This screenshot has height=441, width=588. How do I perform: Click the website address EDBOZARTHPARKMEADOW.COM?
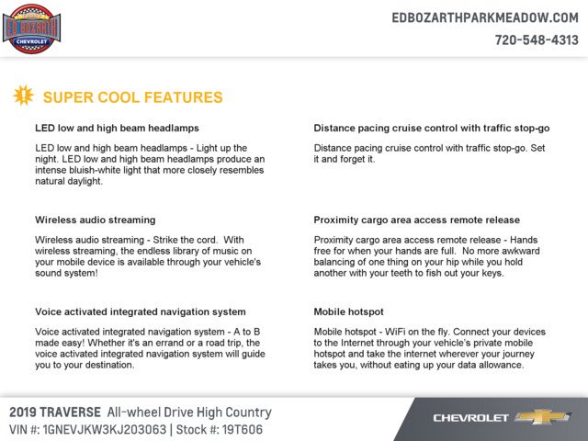484,18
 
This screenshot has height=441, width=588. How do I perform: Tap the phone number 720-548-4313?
537,40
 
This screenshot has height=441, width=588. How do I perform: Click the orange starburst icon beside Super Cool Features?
25,95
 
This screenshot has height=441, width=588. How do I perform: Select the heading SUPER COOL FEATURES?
132,97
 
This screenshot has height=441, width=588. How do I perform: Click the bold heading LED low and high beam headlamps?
117,128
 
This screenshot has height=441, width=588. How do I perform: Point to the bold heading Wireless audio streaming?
95,220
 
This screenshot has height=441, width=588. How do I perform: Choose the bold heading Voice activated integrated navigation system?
140,311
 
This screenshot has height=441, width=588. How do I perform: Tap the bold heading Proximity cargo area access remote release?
416,220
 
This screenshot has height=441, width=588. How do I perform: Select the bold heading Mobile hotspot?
348,311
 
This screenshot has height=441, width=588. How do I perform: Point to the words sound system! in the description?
67,273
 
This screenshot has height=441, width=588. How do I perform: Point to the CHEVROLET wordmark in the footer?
470,418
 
